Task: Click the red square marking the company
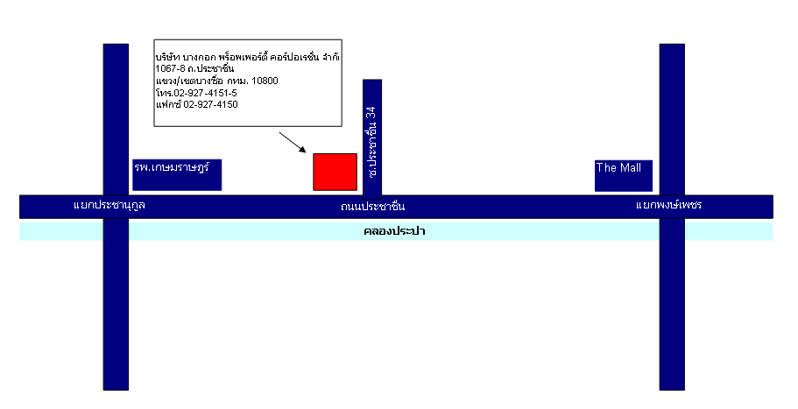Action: point(335,172)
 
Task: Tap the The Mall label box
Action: point(624,175)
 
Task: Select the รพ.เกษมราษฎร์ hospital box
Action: point(177,175)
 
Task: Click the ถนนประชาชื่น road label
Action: point(373,206)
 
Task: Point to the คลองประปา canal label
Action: point(394,231)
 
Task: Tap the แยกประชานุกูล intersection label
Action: point(109,205)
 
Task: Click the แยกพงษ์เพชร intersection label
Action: point(668,205)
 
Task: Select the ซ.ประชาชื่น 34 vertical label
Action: point(372,142)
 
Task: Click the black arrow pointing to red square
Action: point(292,143)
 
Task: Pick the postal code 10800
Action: point(265,81)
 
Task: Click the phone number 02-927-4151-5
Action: point(206,93)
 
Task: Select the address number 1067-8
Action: point(170,68)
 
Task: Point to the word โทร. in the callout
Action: point(165,93)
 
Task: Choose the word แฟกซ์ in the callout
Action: point(168,103)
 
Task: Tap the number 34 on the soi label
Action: point(372,113)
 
